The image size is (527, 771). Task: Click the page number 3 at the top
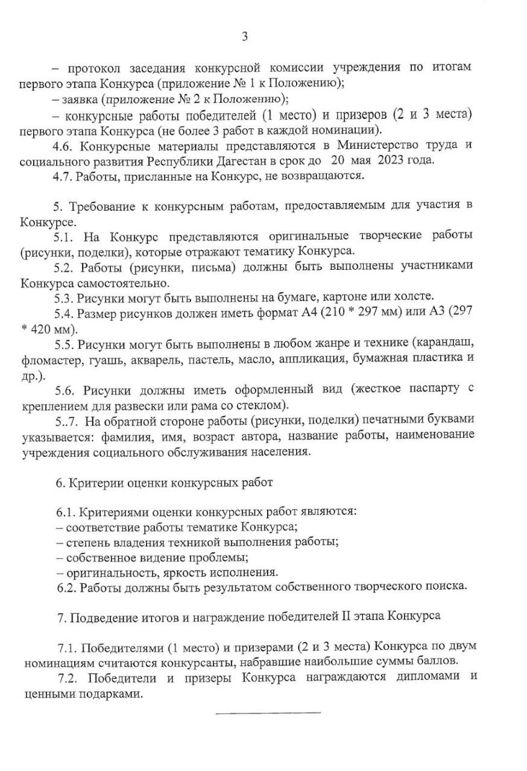coord(245,37)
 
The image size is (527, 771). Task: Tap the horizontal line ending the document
coord(268,713)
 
